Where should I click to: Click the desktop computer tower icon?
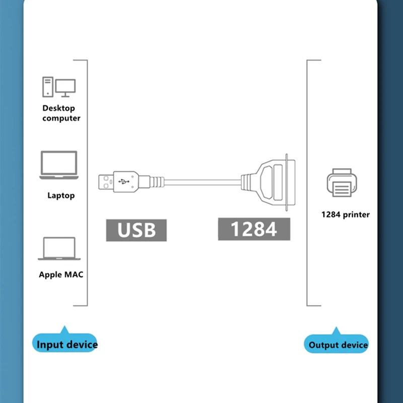48,87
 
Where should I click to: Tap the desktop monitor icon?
65,88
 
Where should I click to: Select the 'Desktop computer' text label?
61,113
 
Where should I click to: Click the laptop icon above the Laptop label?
59,165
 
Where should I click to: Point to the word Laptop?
61,195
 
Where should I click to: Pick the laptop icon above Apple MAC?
59,249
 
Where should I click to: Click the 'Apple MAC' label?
61,275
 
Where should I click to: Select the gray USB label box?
136,230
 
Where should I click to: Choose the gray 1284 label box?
254,229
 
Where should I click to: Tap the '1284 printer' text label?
346,215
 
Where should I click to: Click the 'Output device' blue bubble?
338,345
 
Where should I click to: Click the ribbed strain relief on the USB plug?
156,181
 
